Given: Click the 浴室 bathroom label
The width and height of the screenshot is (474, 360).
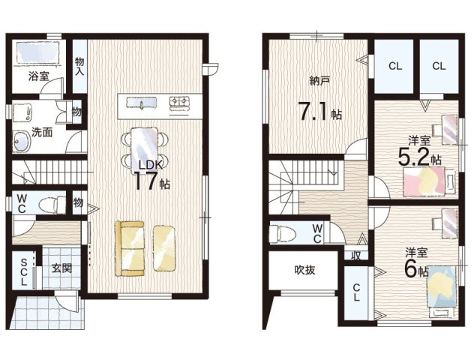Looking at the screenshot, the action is coord(38,76).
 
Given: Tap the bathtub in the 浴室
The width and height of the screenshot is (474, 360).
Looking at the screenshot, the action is coord(37,52).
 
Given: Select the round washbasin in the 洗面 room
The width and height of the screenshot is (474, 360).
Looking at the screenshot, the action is coord(22,141).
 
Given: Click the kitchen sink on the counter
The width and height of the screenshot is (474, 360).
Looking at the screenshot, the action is coord(141,103).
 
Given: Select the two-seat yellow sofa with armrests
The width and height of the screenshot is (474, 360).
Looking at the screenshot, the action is coord(130,248).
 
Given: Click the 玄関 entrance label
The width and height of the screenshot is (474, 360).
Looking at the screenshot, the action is coord(61,268).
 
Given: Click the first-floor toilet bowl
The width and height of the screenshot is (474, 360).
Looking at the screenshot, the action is coord(52,205).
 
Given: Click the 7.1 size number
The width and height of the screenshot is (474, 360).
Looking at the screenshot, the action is coord(313,111).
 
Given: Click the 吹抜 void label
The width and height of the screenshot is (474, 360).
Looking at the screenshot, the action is coord(304,270).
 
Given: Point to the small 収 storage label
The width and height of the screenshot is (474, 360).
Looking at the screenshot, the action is coord(356,256).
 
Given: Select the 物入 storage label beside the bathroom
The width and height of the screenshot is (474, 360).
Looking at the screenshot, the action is coord(79,67).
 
